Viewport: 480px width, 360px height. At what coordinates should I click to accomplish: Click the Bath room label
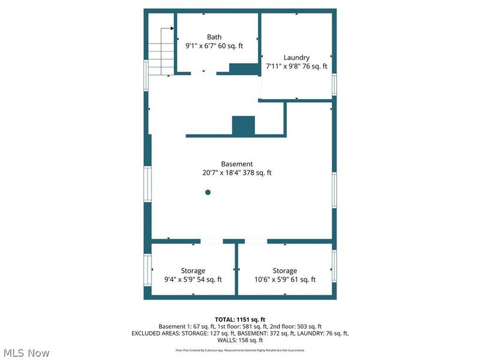[214, 37]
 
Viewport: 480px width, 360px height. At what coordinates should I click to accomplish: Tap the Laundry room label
[296, 58]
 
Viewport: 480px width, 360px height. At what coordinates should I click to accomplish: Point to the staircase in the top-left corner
[161, 51]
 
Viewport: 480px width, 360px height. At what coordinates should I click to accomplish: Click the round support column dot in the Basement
[208, 193]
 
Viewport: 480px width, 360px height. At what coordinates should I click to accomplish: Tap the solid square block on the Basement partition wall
[244, 126]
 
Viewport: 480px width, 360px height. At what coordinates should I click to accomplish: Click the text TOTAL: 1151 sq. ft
[240, 319]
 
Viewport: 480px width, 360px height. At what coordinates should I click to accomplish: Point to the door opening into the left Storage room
[211, 241]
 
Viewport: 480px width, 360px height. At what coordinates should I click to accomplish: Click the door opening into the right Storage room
[256, 241]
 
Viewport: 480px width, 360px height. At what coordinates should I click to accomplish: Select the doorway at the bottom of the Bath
[203, 73]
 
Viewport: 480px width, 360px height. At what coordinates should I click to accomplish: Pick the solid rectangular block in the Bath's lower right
[244, 68]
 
